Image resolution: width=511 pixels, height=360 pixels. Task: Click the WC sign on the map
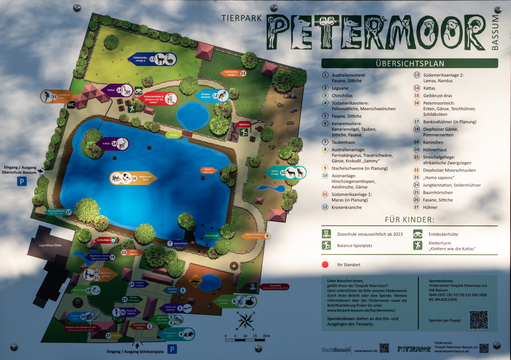pos(71,105)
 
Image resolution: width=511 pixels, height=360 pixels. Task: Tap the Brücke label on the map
pos(174,135)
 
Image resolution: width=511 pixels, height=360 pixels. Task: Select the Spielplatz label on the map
pos(244,124)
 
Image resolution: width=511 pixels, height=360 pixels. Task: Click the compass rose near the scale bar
pos(246,321)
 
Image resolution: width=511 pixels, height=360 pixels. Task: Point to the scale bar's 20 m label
pos(266,336)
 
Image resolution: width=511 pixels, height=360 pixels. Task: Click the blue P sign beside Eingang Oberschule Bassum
pos(22,181)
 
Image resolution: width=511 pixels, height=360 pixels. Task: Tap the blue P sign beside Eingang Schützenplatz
pos(172,349)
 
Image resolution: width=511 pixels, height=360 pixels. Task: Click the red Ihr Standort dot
pos(325,265)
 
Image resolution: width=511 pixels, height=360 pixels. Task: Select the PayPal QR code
pos(479,320)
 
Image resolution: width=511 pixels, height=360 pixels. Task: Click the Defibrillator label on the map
pos(104,240)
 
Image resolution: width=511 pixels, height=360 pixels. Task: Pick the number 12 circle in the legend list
pos(325,207)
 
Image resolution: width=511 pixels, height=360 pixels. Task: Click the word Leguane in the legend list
pos(340,88)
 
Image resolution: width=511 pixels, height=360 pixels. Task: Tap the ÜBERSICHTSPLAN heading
pos(410,63)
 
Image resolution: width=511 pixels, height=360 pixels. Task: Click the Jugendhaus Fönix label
pos(50,245)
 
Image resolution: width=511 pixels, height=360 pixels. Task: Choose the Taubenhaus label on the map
pos(180,243)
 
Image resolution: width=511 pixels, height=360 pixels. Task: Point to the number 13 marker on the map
pos(152,59)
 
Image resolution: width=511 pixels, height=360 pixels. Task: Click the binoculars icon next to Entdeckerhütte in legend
pos(418,234)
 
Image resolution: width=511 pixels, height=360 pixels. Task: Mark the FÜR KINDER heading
pos(409,220)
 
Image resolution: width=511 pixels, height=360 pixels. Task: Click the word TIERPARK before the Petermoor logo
pos(242,18)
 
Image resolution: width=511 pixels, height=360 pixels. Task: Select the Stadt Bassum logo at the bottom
pos(336,350)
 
